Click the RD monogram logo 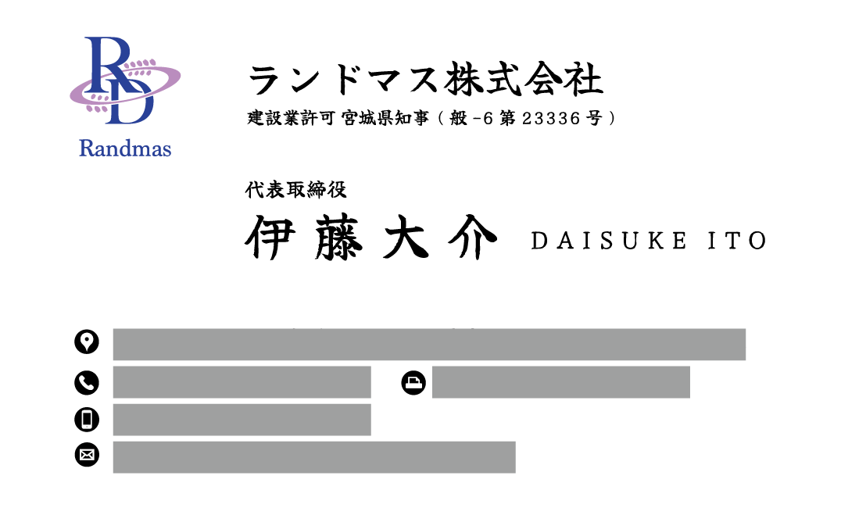pos(123,81)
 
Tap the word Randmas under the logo pos(125,148)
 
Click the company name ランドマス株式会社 pos(425,81)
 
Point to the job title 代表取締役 pos(295,189)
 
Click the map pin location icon pos(87,342)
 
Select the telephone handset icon pos(87,383)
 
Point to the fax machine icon pos(413,383)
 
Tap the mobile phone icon pos(87,420)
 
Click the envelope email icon pos(87,455)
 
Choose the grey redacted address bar pos(429,345)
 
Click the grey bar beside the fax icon pos(560,382)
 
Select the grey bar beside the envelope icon pos(313,457)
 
